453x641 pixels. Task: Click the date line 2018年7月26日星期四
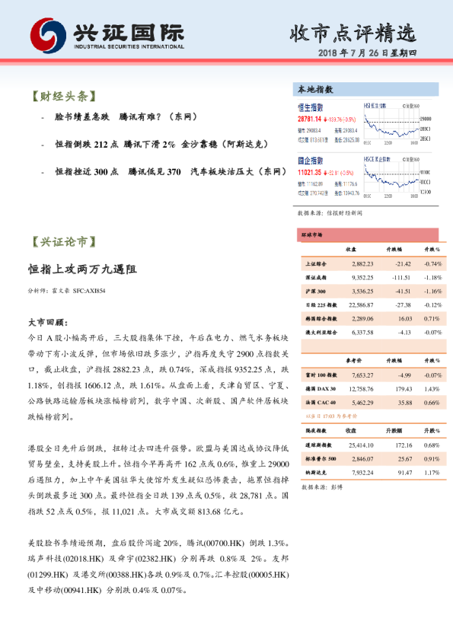coord(373,53)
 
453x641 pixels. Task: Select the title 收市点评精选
coord(354,33)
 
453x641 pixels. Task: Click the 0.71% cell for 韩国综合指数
coord(432,318)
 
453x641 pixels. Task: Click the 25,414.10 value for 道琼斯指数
coord(362,444)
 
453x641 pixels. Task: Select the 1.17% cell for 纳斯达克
coord(432,472)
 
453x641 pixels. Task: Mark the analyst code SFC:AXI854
coord(89,291)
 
